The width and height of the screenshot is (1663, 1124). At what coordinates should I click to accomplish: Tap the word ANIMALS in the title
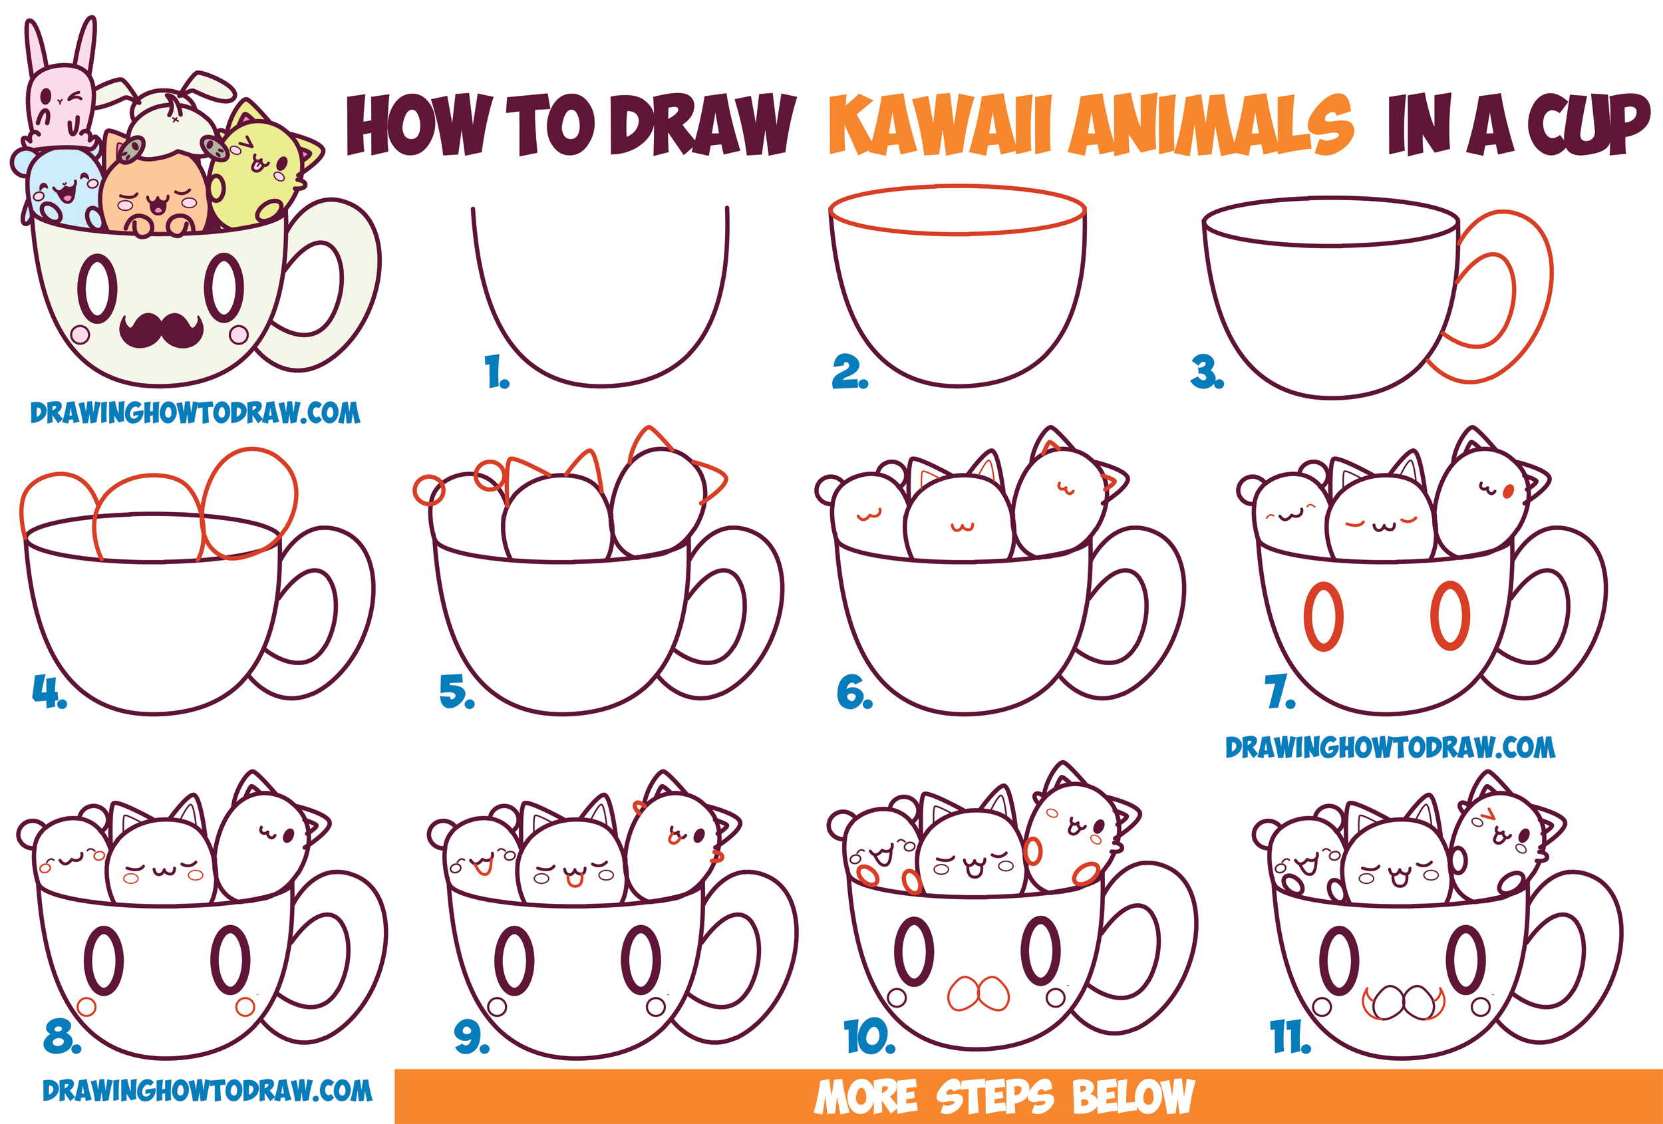coord(1209,125)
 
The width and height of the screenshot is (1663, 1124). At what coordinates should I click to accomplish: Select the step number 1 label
coord(496,372)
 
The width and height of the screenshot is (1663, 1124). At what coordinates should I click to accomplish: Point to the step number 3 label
coord(1207,372)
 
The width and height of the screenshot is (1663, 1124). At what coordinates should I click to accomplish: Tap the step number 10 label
coord(869,1037)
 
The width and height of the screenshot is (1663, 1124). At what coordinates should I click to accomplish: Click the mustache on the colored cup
coord(161,330)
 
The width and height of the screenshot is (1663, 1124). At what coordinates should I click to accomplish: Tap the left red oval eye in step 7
coord(1322,616)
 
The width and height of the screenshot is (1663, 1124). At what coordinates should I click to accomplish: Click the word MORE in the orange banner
coord(865,1097)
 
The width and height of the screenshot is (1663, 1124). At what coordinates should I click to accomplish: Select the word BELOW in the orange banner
coord(1133,1097)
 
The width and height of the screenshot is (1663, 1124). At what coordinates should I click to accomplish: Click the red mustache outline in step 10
coord(979,994)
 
